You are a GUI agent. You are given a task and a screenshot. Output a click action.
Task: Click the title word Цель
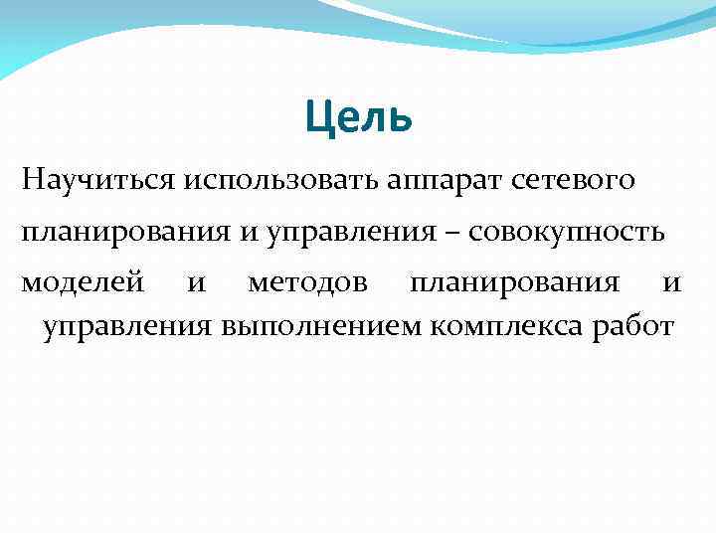click(x=358, y=118)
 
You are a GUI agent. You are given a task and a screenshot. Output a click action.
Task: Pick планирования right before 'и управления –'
click(x=125, y=233)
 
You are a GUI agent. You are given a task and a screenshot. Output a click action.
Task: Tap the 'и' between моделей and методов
click(x=197, y=283)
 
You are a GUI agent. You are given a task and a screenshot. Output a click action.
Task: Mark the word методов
click(x=307, y=283)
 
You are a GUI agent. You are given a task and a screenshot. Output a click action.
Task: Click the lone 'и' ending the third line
click(x=671, y=283)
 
